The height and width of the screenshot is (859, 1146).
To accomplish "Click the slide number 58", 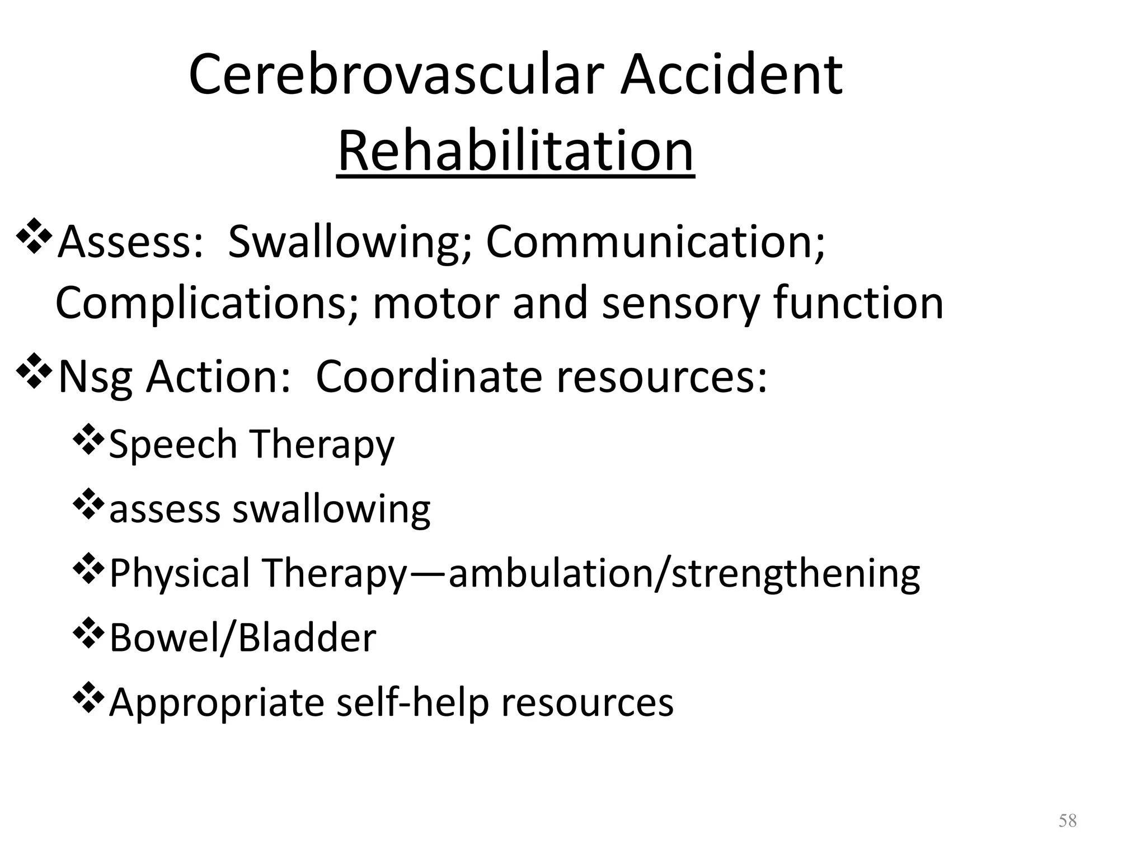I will [x=1067, y=820].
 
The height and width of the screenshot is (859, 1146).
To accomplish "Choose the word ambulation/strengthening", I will [x=684, y=574].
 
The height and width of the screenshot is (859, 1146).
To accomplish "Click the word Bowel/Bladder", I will [x=242, y=638].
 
